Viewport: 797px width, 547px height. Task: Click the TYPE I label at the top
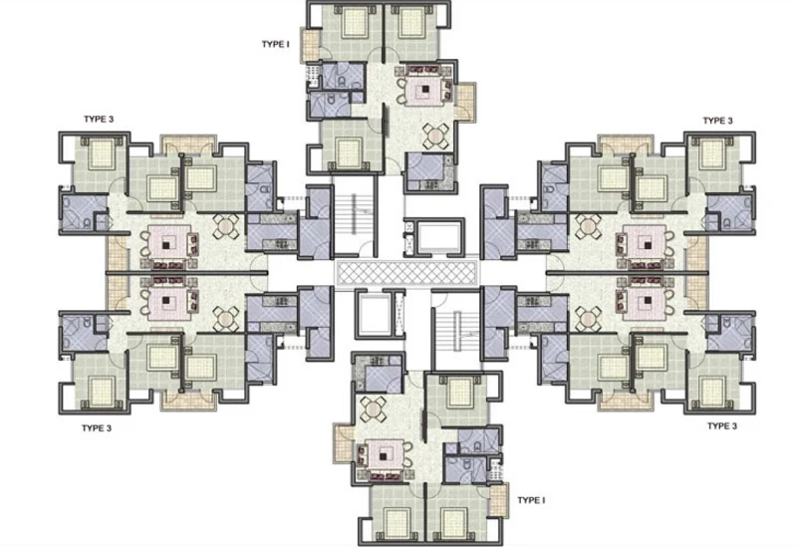[x=275, y=45]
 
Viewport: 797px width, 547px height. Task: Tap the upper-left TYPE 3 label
[x=99, y=120]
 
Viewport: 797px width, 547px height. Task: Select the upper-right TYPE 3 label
[x=717, y=121]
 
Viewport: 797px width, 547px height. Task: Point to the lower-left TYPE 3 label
[x=96, y=428]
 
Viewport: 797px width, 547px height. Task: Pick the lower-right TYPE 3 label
[x=720, y=425]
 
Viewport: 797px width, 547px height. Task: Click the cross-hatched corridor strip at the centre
[x=407, y=272]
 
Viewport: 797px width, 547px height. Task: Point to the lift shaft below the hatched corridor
[x=374, y=311]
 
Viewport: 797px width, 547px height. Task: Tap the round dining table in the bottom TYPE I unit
[x=376, y=409]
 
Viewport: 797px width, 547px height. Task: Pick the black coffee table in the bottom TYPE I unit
[x=385, y=454]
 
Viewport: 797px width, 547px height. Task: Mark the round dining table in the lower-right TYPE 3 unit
[x=588, y=318]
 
